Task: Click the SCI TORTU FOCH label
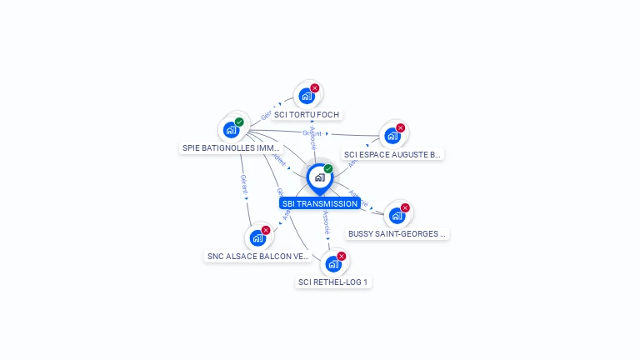click(x=307, y=115)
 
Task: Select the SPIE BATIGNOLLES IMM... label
click(x=232, y=148)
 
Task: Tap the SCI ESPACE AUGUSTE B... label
click(x=392, y=154)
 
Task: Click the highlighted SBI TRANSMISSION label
click(x=320, y=203)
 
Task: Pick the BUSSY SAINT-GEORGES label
click(x=397, y=234)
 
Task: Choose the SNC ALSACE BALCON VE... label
click(x=258, y=257)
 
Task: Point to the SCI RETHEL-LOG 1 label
click(x=333, y=282)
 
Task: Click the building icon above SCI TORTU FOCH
click(x=306, y=96)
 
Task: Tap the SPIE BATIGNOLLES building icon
click(x=231, y=130)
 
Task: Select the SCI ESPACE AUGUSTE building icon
click(x=392, y=136)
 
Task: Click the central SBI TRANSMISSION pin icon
click(x=319, y=177)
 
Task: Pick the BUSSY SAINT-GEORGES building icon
click(x=397, y=216)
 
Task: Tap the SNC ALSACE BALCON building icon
click(x=257, y=238)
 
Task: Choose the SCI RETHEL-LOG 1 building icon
click(x=332, y=264)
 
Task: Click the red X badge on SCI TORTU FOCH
click(x=315, y=87)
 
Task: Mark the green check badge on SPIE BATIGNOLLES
click(x=239, y=122)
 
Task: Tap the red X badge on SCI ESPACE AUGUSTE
click(x=401, y=127)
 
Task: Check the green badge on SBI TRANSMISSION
click(x=328, y=168)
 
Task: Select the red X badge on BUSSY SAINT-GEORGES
click(x=406, y=207)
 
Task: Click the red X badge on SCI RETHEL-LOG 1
click(x=342, y=256)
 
